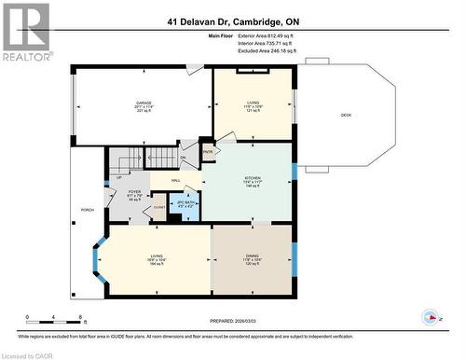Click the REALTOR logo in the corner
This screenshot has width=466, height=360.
pyautogui.click(x=25, y=32)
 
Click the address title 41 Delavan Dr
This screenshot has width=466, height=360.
pyautogui.click(x=234, y=21)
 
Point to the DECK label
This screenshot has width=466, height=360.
pyautogui.click(x=346, y=115)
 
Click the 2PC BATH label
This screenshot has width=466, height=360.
pyautogui.click(x=189, y=202)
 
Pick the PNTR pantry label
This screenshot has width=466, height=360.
pyautogui.click(x=209, y=151)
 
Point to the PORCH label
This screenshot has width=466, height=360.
pyautogui.click(x=87, y=211)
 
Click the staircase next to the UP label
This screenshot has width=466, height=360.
pyautogui.click(x=149, y=159)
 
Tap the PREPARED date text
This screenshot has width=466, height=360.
pyautogui.click(x=236, y=321)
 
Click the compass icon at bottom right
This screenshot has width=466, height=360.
pyautogui.click(x=432, y=316)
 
